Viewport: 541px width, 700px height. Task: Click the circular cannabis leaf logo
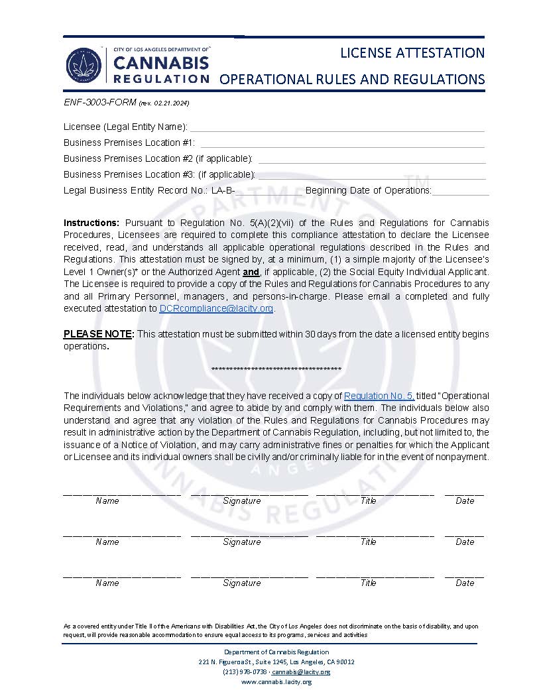[x=84, y=65]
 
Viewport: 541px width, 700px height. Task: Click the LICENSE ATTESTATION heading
[x=412, y=52]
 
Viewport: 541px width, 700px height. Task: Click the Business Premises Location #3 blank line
[x=371, y=176]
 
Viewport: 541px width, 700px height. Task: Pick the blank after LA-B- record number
[x=269, y=192]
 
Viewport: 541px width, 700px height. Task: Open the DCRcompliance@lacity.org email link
[x=216, y=308]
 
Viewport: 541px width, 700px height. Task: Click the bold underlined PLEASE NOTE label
[x=99, y=334]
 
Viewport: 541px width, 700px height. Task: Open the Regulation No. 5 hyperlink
[x=379, y=396]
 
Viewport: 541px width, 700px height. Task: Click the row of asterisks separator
[x=276, y=369]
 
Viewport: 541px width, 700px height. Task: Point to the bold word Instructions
[x=91, y=222]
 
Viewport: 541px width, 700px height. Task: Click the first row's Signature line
[x=249, y=493]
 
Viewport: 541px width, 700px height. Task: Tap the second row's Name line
[x=121, y=534]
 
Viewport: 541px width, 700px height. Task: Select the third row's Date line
[x=464, y=575]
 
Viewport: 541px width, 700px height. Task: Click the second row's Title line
[x=375, y=534]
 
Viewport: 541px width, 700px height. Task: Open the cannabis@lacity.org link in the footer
[x=310, y=671]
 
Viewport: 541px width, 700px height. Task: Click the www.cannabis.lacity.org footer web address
[x=276, y=681]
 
